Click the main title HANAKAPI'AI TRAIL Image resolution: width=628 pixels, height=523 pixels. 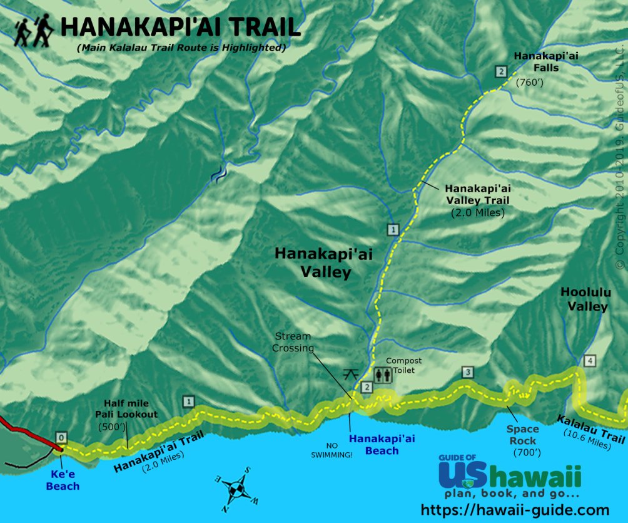pos(180,28)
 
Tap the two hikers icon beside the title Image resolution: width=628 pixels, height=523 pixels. pos(34,31)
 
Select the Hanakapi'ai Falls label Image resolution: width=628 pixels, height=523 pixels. pos(546,61)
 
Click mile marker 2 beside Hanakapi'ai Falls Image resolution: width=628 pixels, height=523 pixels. pos(500,71)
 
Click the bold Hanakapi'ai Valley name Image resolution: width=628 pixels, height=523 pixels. pos(313,262)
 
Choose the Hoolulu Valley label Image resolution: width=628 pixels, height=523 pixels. pos(584,299)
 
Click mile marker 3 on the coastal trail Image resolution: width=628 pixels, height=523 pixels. pos(467,373)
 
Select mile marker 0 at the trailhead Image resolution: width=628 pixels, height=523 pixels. pos(61,437)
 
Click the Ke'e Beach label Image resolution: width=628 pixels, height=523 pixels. pos(62,480)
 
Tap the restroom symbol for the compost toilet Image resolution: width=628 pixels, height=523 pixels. pos(382,375)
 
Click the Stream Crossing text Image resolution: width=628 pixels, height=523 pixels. pos(292,342)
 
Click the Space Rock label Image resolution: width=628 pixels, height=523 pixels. pos(523,435)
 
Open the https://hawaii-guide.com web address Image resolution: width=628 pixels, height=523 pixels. pos(515,510)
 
